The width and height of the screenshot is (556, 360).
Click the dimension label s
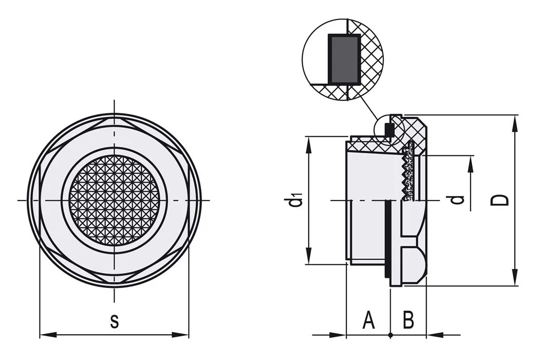pos(114,321)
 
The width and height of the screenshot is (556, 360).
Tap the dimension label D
pos(500,200)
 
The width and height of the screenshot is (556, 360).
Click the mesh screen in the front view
pos(114,200)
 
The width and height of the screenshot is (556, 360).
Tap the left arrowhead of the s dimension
pos(48,335)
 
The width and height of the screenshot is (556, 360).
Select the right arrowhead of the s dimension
pos(180,335)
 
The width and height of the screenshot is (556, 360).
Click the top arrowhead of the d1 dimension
pos(308,145)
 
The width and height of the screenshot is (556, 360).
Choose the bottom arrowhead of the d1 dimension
pos(308,256)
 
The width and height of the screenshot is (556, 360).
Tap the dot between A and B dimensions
pos(391,335)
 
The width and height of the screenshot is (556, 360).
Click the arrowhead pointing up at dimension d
pos(471,165)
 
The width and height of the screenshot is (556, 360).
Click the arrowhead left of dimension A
pos(337,335)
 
